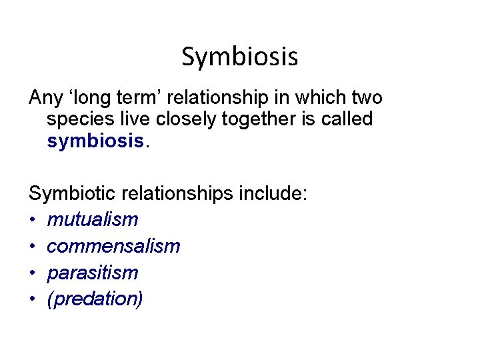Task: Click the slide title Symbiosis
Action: (239, 57)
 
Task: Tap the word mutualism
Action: (92, 219)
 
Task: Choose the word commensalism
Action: (113, 246)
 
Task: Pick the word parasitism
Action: (92, 273)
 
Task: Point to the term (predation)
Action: (95, 299)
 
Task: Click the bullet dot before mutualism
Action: (33, 220)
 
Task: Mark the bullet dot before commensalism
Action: (33, 247)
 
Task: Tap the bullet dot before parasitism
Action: (33, 273)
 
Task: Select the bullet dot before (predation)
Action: (33, 300)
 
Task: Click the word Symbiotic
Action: (71, 194)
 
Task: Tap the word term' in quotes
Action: (133, 98)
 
